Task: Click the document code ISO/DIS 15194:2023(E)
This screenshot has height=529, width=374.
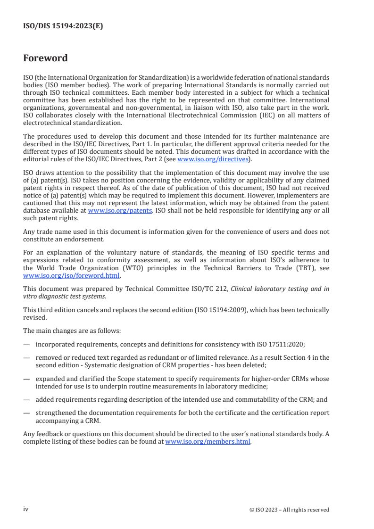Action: click(63, 26)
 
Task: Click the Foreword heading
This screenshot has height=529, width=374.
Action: click(45, 58)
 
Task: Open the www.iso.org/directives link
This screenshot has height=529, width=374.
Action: click(213, 159)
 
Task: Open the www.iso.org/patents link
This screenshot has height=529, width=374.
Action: click(120, 211)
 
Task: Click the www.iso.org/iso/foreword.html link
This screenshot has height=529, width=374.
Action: click(72, 276)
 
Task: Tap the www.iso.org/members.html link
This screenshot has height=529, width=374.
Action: click(208, 442)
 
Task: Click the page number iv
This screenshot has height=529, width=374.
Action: click(26, 509)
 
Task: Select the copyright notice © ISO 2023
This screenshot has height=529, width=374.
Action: click(289, 510)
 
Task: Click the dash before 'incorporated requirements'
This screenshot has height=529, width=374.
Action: click(26, 344)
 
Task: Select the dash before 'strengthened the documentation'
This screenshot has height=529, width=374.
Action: click(26, 413)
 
